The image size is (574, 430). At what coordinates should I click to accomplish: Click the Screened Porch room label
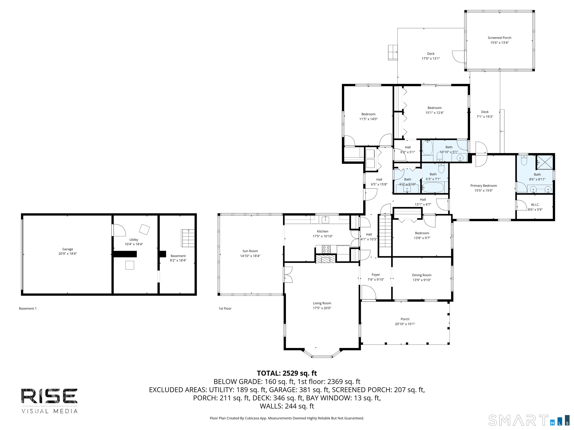(499, 38)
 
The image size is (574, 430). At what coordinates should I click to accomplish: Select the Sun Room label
(250, 251)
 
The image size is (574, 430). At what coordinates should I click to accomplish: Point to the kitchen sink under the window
(325, 219)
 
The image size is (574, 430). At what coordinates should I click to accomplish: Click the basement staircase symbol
(188, 238)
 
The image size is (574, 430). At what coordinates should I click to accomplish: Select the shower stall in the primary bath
(544, 162)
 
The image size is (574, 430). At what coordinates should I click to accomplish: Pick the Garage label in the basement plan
(67, 249)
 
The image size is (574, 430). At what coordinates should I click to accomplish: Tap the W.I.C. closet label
(535, 205)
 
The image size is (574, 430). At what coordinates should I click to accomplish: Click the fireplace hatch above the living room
(325, 259)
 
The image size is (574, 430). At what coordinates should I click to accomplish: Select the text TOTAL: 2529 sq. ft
(287, 373)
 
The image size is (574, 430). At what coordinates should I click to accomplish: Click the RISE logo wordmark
(49, 396)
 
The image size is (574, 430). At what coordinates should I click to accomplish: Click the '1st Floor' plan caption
(225, 309)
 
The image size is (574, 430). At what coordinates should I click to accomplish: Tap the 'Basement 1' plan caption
(28, 309)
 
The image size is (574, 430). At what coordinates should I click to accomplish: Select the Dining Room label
(422, 275)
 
